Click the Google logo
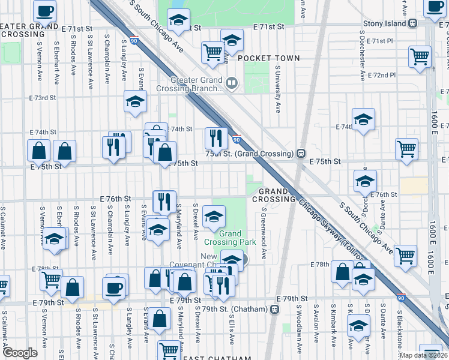pos(19,353)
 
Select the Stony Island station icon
pos(414,23)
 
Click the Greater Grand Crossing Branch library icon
pos(232,82)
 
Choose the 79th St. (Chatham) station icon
pos(275,309)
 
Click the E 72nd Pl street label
pos(383,75)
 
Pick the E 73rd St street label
pos(44,97)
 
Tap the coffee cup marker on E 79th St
pos(113,287)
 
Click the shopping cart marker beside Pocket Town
pos(212,52)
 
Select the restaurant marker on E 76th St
pos(163,201)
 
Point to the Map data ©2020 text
pos(424,355)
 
